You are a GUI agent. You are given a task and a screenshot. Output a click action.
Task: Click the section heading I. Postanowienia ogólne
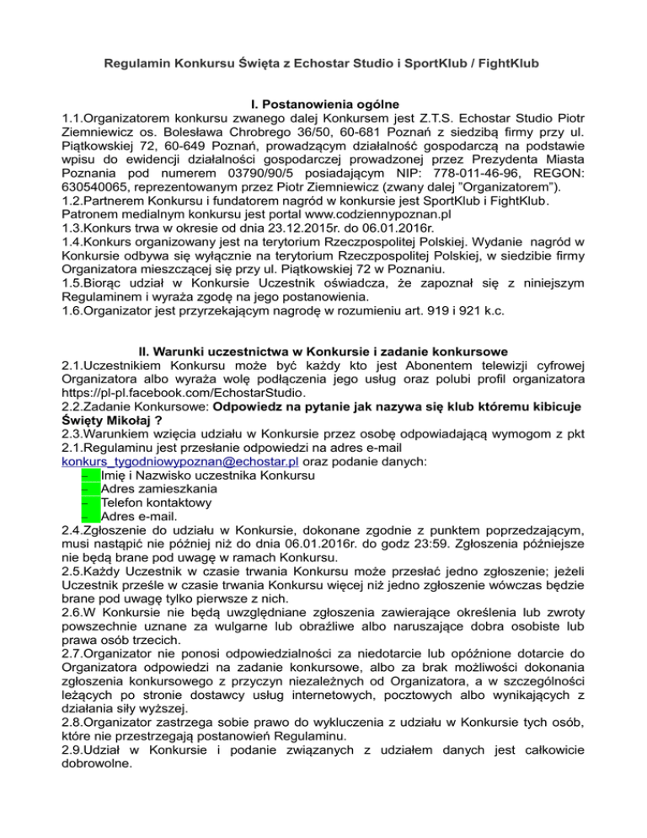tap(323, 105)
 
